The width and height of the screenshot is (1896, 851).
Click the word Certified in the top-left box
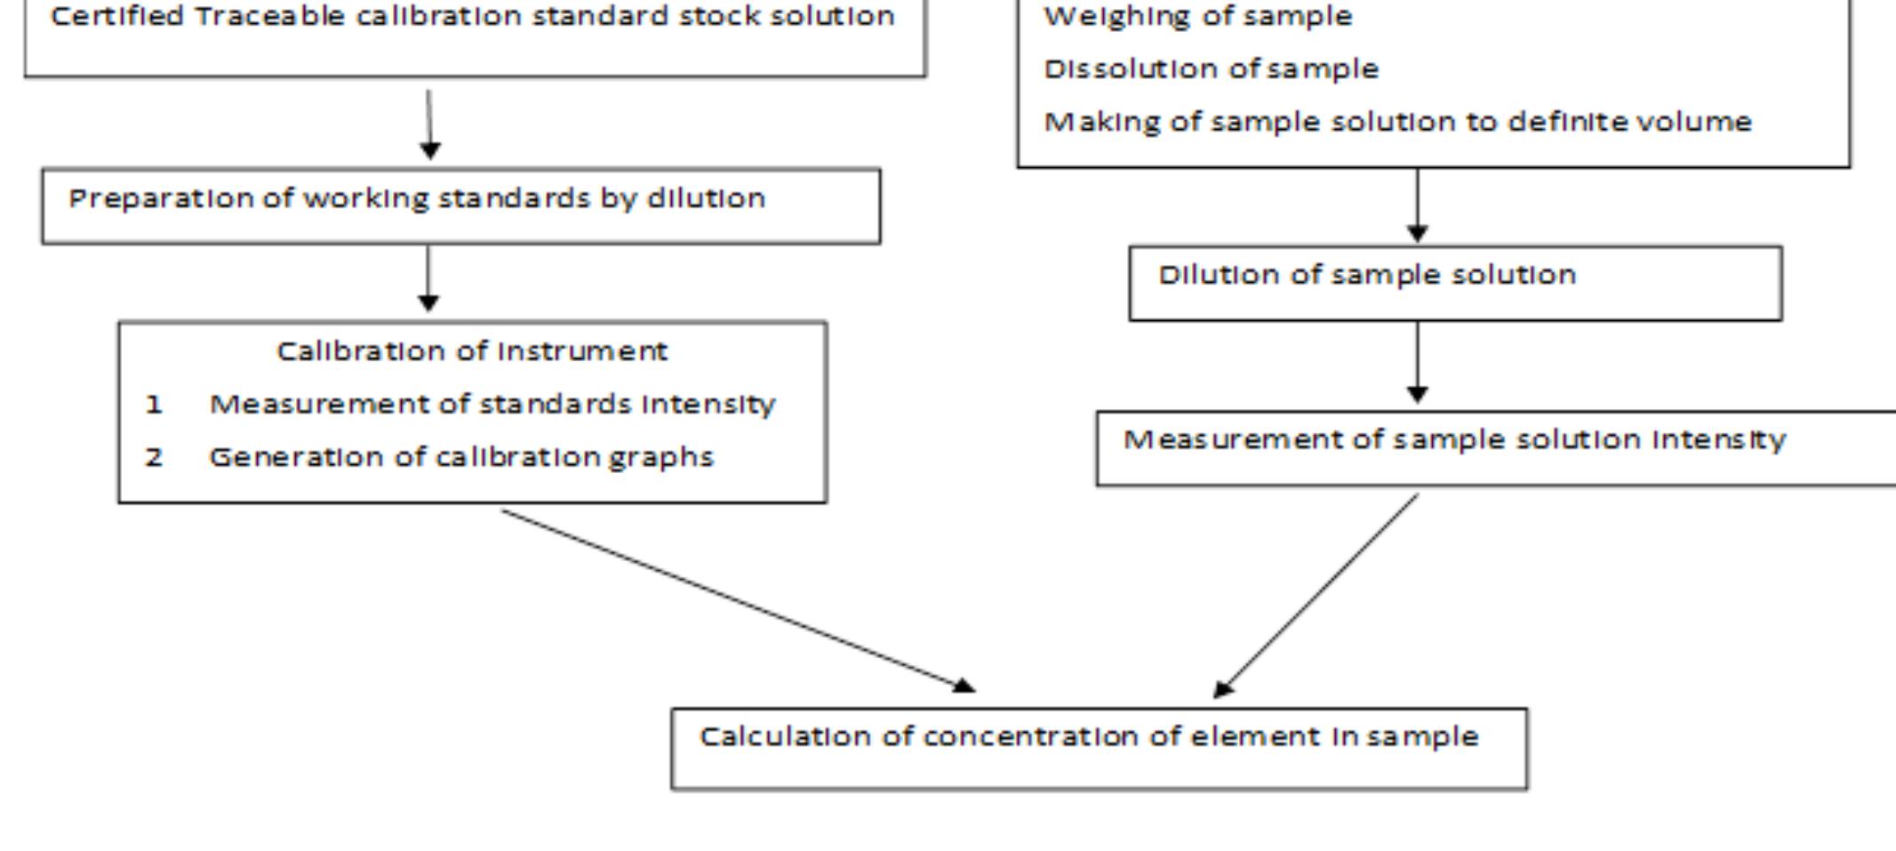point(117,16)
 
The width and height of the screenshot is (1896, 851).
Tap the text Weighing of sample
point(1197,16)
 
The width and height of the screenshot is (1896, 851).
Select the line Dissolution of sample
point(1211,68)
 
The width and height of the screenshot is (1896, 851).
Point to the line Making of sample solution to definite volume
point(1397,121)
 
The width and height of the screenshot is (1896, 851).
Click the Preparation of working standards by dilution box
point(460,205)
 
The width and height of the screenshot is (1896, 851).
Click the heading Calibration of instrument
point(472,351)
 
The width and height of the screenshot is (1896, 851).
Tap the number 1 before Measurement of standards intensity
point(154,405)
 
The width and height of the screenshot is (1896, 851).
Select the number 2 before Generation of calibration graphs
point(154,457)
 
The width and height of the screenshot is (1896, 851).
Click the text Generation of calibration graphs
point(460,457)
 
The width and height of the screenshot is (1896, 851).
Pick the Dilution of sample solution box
point(1455,283)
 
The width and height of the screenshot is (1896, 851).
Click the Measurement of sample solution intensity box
point(1495,447)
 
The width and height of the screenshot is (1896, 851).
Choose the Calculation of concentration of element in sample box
point(1099,748)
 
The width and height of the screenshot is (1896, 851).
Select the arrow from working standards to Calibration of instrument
point(428,277)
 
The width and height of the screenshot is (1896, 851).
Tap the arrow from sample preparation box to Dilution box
point(1418,205)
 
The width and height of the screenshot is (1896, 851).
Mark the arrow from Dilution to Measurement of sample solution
point(1418,362)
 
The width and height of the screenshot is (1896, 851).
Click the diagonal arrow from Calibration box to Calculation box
point(737,600)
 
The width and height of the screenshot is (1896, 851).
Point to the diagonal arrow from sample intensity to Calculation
point(1316,596)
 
